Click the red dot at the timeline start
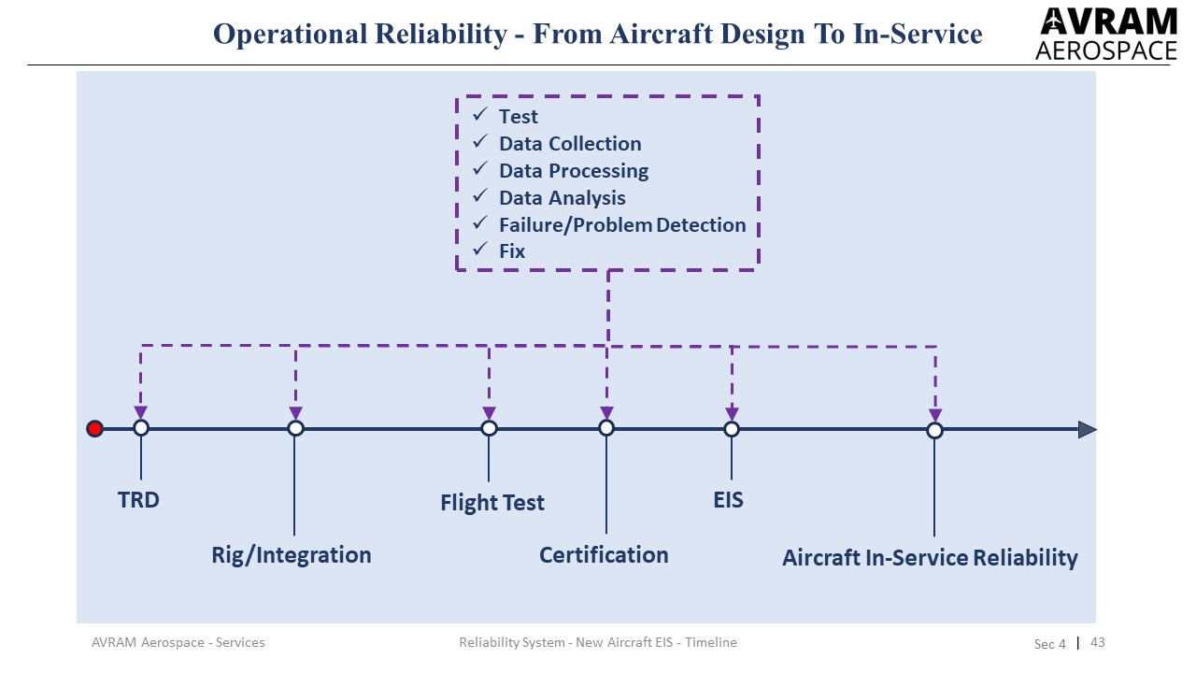(x=94, y=429)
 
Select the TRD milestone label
(x=138, y=500)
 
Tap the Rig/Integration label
(x=291, y=555)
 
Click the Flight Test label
(x=491, y=503)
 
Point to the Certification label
(x=604, y=555)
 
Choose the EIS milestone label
(x=728, y=500)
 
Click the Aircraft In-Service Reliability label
(x=930, y=558)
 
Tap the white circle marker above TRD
(x=141, y=428)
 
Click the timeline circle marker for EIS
(x=732, y=429)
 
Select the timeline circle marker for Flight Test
(x=489, y=428)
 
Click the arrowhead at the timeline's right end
(x=1087, y=430)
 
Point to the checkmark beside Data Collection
(x=480, y=142)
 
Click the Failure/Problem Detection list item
(x=622, y=225)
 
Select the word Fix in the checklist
(x=512, y=251)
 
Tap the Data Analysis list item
(x=562, y=198)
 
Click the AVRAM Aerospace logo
(x=1106, y=34)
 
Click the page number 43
(x=1098, y=642)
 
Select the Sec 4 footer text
(x=1049, y=643)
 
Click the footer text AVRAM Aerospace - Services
(x=178, y=642)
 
